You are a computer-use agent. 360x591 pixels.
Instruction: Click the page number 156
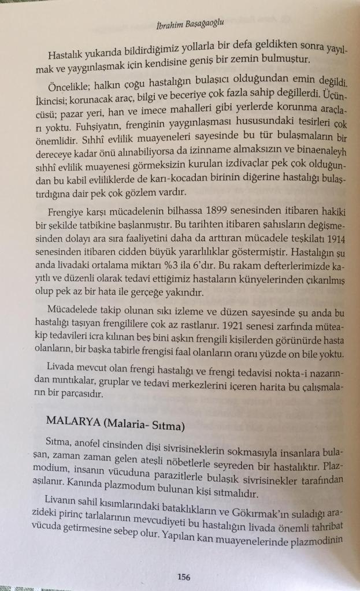tap(184, 576)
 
